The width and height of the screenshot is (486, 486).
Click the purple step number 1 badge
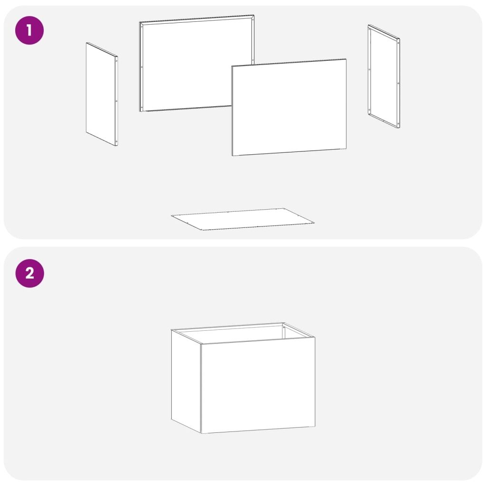29,30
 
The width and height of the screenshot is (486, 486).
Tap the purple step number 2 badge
30,273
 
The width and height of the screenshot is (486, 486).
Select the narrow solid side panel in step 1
102,94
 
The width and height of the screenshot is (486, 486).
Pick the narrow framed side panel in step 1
384,76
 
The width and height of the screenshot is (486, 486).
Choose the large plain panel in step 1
289,107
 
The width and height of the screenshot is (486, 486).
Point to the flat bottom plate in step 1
243,219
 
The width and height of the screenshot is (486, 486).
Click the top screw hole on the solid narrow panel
116,61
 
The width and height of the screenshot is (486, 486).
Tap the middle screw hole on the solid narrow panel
116,101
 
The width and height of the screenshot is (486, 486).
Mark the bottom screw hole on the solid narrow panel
116,141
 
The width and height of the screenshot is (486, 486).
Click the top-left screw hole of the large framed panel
142,27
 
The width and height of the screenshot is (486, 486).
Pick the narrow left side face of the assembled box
186,381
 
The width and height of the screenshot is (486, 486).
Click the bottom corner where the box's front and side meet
201,433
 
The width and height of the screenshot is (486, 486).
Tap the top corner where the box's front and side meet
201,344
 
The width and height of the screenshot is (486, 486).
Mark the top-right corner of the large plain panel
346,58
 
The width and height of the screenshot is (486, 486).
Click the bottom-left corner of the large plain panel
232,156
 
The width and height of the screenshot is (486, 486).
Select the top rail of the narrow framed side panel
384,32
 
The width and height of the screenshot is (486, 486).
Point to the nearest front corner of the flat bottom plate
202,230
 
